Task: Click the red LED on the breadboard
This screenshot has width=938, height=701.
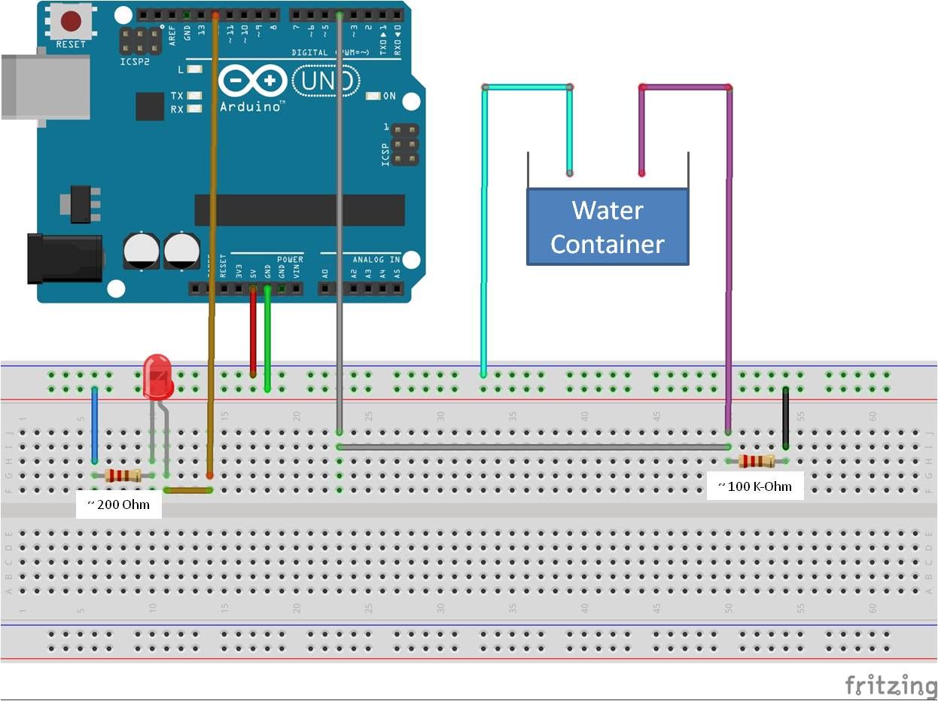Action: [157, 376]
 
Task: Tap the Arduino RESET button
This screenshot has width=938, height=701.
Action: [71, 21]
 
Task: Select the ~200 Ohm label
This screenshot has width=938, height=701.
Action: [118, 504]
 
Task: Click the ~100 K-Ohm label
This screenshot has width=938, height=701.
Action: [755, 486]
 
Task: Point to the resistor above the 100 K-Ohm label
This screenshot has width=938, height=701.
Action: [757, 461]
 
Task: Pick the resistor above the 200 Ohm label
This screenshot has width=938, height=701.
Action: [123, 475]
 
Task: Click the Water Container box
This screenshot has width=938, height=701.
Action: [608, 227]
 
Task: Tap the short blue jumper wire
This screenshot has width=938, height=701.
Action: [94, 425]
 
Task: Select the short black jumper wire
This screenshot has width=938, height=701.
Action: [785, 418]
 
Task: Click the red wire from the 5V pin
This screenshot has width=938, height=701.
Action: [253, 331]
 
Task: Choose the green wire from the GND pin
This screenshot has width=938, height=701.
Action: [267, 339]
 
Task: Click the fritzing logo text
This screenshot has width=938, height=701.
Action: [891, 686]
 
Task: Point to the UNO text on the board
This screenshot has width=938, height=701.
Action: [325, 81]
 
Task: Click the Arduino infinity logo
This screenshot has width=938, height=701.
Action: [253, 81]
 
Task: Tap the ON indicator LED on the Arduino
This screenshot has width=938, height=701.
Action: [373, 96]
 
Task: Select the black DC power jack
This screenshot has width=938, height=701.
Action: [64, 258]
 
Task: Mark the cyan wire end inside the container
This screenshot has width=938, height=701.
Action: [570, 172]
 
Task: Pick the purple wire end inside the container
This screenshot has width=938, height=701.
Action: [642, 172]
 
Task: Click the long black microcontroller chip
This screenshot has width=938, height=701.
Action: [297, 210]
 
